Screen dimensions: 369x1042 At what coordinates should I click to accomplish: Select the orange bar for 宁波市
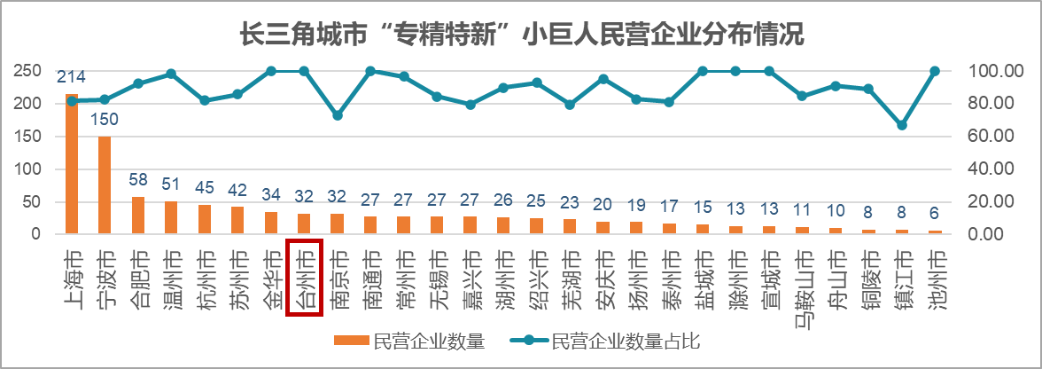(x=105, y=184)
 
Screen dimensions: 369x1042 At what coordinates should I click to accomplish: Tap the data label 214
(x=71, y=77)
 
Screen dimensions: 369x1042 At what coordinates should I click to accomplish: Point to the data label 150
(x=105, y=120)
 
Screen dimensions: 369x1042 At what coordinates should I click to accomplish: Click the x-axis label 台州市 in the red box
(x=304, y=277)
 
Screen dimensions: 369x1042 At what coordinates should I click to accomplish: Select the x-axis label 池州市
(x=934, y=277)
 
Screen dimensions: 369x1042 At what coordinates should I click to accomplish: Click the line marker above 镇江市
(x=901, y=125)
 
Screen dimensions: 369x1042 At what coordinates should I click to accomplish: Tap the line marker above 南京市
(x=337, y=115)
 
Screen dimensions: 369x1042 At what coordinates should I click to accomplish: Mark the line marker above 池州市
(x=934, y=71)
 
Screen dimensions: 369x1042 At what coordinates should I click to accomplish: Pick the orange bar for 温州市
(x=171, y=217)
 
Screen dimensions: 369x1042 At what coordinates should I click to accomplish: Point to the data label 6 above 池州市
(x=934, y=215)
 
